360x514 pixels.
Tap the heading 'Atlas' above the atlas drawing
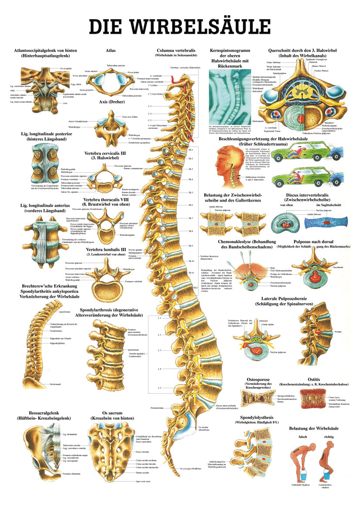[x=110, y=50]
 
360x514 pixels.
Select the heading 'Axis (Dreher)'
[x=111, y=103]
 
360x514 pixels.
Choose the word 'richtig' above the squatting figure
[x=330, y=436]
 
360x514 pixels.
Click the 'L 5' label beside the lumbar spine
[x=147, y=387]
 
